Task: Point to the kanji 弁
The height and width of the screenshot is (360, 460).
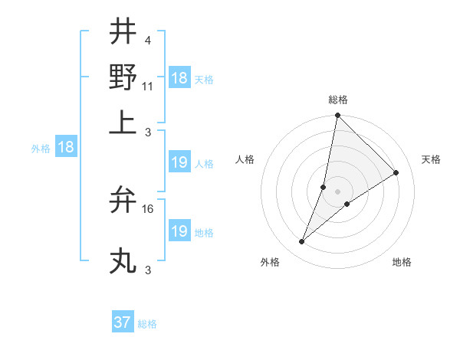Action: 122,201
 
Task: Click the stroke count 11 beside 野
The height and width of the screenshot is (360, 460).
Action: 148,86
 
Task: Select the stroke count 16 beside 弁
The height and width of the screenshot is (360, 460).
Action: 148,208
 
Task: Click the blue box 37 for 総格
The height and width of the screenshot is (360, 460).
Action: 123,322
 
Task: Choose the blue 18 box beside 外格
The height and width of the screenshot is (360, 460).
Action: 65,148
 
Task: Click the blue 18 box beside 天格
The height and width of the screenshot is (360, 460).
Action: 179,78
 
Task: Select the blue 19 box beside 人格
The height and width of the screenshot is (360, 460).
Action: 179,162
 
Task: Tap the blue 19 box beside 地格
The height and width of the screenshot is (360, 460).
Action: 179,231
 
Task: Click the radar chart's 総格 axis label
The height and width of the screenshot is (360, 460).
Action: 338,100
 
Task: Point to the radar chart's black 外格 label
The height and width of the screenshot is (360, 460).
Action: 270,262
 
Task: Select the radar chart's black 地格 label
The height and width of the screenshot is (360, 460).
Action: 402,262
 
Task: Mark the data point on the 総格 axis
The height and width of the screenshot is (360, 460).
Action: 337,116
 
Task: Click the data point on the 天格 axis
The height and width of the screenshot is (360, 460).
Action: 396,172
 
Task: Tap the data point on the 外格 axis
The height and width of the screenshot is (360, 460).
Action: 302,242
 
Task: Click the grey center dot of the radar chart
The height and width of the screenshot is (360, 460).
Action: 338,191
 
